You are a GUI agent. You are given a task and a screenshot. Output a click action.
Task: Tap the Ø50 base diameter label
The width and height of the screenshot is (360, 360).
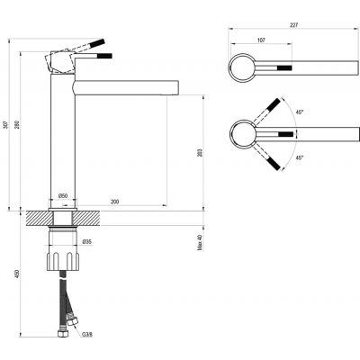pyautogui.click(x=64, y=195)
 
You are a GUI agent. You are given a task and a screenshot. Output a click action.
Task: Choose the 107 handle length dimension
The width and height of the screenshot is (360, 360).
pyautogui.click(x=262, y=40)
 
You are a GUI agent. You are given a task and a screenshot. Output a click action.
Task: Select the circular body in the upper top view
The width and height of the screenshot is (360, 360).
pyautogui.click(x=243, y=67)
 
